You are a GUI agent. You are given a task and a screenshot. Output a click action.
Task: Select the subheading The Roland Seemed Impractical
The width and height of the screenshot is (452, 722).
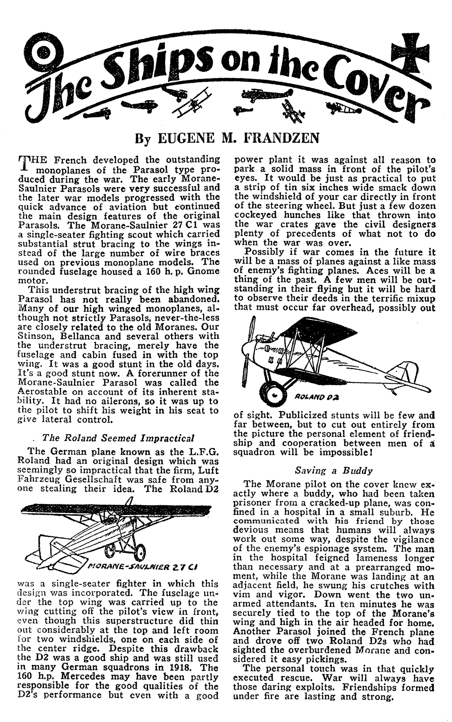tap(119, 438)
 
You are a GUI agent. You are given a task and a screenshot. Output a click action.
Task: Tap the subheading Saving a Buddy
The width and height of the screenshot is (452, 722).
tap(334, 471)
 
